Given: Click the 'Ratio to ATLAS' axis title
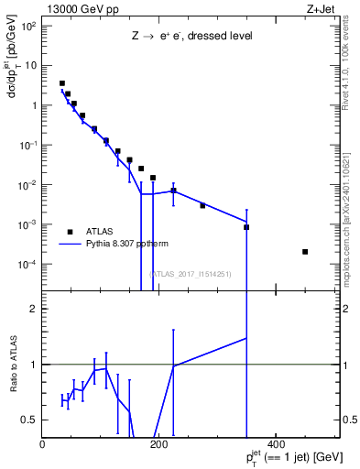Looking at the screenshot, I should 14,365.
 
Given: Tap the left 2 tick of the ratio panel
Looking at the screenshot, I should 37,309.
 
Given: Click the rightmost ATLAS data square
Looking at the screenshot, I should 305,252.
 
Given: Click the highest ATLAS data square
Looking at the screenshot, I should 61,83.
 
